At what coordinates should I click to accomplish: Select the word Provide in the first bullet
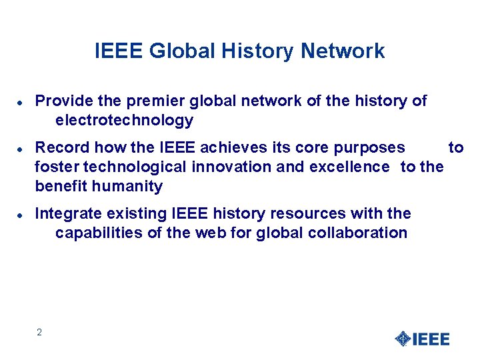click(63, 101)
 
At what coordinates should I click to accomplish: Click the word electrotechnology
click(125, 121)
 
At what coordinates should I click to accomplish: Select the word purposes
click(372, 147)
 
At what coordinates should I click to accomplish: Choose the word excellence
click(349, 167)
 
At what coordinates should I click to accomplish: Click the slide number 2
click(39, 332)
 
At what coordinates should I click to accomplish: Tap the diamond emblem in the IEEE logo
click(402, 339)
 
